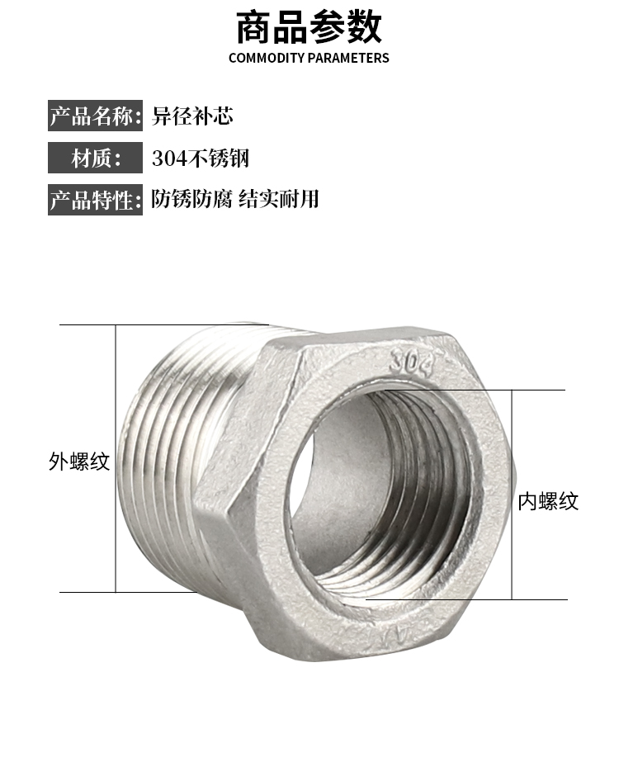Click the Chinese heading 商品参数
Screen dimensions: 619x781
(x=309, y=27)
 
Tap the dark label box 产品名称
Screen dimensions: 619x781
(x=95, y=116)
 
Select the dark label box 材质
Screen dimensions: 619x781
(x=95, y=158)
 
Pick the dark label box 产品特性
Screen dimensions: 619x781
(x=95, y=200)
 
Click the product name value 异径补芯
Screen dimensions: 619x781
(x=192, y=116)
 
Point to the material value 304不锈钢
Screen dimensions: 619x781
(x=201, y=159)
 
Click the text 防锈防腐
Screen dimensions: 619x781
(x=191, y=199)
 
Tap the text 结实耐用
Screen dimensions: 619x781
(x=279, y=199)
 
